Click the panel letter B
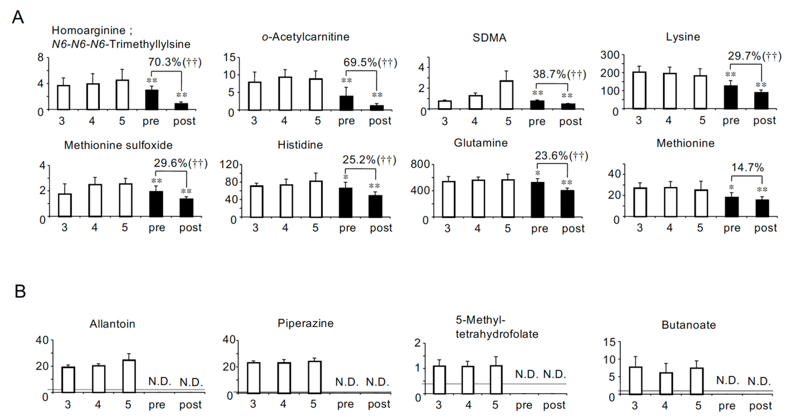click(20, 291)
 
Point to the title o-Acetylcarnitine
click(305, 37)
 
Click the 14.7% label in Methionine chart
click(747, 168)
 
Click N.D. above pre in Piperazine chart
click(347, 382)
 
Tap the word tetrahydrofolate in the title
click(497, 334)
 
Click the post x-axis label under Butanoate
click(760, 406)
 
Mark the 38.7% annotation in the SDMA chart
click(559, 74)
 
